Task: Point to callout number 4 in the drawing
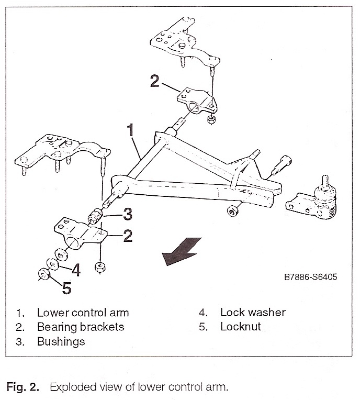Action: click(76, 270)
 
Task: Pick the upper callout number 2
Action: click(154, 81)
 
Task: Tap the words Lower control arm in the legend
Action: click(83, 313)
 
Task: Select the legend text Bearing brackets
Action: click(81, 327)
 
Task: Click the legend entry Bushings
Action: click(61, 342)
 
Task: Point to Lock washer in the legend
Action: click(253, 313)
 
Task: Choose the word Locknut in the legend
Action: click(240, 327)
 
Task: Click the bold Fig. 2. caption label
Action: click(22, 387)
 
